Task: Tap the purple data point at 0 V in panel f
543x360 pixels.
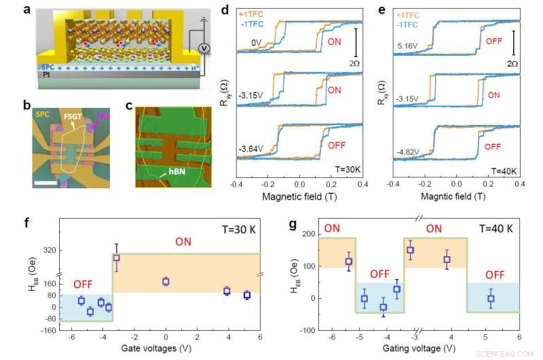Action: click(166, 282)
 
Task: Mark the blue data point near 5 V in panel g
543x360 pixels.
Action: click(491, 299)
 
